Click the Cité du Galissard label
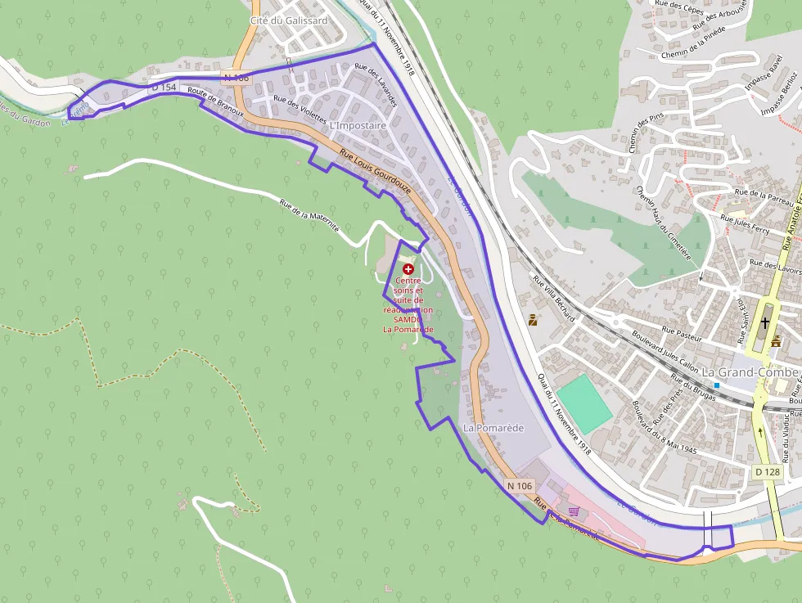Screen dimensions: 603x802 click(x=288, y=20)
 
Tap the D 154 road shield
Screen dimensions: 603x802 click(x=164, y=87)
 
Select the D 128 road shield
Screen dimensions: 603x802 click(x=768, y=472)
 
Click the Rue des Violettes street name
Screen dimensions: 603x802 click(x=300, y=110)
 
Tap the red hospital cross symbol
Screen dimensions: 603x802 click(x=408, y=268)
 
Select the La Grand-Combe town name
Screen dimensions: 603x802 click(x=750, y=372)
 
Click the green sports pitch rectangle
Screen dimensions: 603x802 click(x=583, y=402)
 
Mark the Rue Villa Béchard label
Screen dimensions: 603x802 click(x=554, y=299)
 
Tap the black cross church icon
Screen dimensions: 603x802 click(x=765, y=323)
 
